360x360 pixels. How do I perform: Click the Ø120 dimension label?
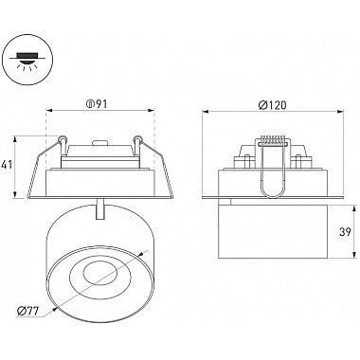tap(272, 104)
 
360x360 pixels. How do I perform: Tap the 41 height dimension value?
tap(8, 165)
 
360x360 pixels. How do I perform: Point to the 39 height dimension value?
tap(345, 232)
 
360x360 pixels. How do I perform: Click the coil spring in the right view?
tap(273, 141)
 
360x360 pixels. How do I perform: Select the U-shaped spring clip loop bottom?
tap(273, 191)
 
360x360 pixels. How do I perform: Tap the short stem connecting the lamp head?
tap(100, 208)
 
